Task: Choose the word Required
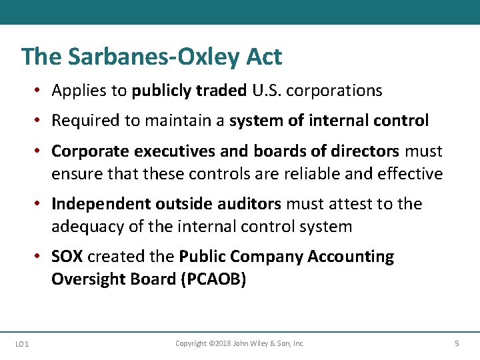point(83,121)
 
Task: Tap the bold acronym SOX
point(67,257)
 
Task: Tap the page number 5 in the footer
point(457,343)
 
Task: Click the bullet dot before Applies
point(41,91)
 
